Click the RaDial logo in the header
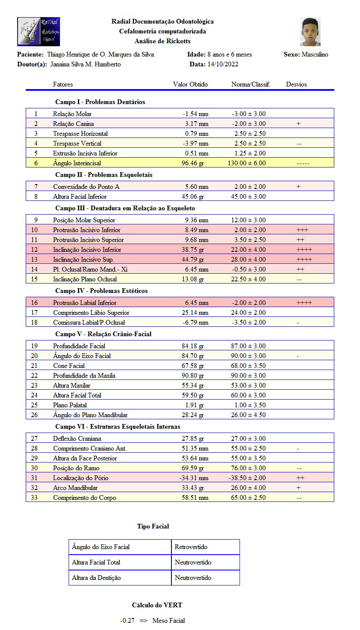point(39,32)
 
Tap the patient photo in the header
point(310,32)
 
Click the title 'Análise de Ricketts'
point(162,41)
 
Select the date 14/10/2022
point(223,64)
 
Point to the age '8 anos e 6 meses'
point(230,54)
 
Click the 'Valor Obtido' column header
point(190,84)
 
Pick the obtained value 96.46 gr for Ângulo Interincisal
point(192,163)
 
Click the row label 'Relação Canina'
point(73,124)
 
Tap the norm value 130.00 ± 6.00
point(249,163)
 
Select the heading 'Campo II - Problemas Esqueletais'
point(104,175)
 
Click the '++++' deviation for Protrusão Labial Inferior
point(304,303)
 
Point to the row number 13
point(36,259)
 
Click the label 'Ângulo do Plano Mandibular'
point(90,415)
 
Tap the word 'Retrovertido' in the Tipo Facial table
point(191,547)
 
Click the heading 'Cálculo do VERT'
point(157,605)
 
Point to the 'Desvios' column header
point(297,84)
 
